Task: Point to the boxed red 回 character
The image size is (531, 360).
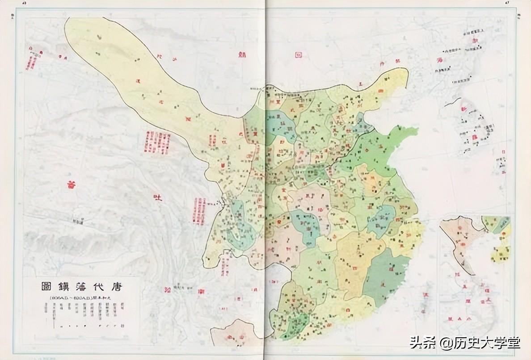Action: click(x=298, y=54)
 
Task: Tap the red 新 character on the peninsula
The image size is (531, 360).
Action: click(x=461, y=111)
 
